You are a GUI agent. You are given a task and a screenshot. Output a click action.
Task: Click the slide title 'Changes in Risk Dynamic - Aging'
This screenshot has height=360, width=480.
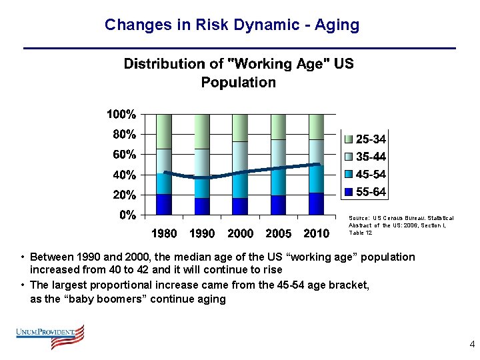tap(232, 25)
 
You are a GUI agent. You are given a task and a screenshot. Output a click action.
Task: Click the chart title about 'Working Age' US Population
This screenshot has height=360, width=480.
tap(239, 73)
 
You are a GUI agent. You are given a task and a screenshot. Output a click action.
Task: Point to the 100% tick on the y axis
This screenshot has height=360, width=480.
tap(121, 114)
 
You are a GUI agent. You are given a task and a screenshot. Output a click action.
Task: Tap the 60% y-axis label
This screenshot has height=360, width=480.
tap(124, 155)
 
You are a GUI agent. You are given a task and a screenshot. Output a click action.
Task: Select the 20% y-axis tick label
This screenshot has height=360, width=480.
tap(124, 195)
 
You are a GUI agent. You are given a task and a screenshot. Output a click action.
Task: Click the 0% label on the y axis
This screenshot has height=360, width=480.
tap(127, 215)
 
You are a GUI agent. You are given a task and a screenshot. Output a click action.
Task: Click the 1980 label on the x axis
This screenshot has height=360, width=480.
tap(164, 233)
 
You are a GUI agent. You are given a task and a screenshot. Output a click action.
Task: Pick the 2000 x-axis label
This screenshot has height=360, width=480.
tap(240, 233)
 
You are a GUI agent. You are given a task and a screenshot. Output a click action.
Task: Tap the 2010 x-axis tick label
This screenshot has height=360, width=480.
tap(316, 233)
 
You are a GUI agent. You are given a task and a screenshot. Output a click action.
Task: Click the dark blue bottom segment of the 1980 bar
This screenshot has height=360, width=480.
tap(164, 204)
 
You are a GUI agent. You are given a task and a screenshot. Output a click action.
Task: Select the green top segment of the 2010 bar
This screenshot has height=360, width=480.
tap(316, 126)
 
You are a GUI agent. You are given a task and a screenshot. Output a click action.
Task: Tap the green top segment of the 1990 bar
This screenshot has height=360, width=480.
tap(202, 131)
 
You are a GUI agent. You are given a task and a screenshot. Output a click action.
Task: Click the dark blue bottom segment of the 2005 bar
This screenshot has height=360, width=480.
tap(278, 205)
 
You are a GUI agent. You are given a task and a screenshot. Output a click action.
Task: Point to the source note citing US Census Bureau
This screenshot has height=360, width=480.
tap(401, 225)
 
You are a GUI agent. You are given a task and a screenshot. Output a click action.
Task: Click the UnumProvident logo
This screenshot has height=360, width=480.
tap(51, 336)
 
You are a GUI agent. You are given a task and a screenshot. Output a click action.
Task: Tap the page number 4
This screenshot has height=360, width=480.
tap(472, 345)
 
